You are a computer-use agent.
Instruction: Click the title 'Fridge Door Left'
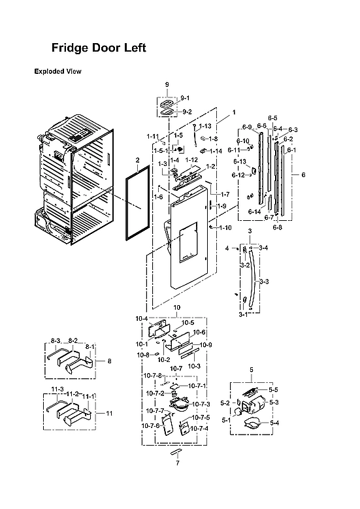pyautogui.click(x=99, y=48)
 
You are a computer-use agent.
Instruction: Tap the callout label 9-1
pyautogui.click(x=185, y=97)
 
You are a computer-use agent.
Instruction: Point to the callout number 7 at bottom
pyautogui.click(x=177, y=463)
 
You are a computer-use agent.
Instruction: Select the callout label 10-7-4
pyautogui.click(x=200, y=428)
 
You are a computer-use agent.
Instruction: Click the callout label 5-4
pyautogui.click(x=274, y=423)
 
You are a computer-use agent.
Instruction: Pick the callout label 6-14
pyautogui.click(x=254, y=212)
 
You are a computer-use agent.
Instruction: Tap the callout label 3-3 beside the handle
pyautogui.click(x=265, y=281)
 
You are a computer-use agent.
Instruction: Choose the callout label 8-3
pyautogui.click(x=56, y=341)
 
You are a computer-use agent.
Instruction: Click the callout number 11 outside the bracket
pyautogui.click(x=109, y=414)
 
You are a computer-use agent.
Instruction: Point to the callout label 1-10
pyautogui.click(x=225, y=227)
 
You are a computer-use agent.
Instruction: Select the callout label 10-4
pyautogui.click(x=141, y=318)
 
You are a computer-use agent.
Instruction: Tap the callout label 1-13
pyautogui.click(x=205, y=125)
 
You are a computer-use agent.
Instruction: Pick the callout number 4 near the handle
pyautogui.click(x=227, y=248)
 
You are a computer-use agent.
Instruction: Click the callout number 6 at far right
pyautogui.click(x=303, y=174)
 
